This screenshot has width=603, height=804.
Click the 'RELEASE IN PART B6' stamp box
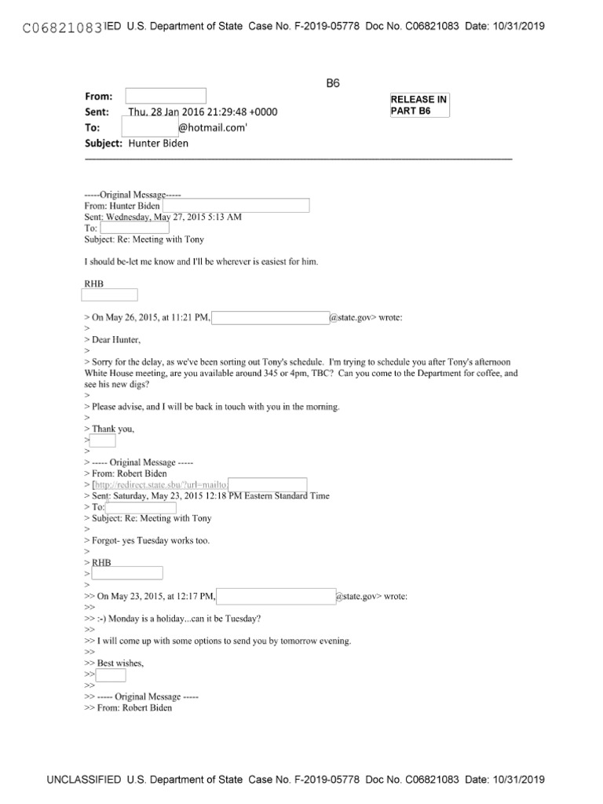pos(420,105)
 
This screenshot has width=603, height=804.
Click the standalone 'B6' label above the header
pos(331,83)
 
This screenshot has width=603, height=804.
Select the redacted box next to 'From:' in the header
pos(165,96)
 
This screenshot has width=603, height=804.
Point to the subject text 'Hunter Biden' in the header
pos(158,143)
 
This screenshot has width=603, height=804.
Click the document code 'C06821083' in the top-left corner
pos(63,27)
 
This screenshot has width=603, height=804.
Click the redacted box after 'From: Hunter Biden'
pos(236,206)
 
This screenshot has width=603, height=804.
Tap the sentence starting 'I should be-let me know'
pos(200,261)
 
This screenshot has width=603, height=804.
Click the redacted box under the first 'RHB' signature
pos(109,294)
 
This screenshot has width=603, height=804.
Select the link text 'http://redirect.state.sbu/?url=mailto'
pos(160,485)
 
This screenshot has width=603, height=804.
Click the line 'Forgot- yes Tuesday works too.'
pos(148,540)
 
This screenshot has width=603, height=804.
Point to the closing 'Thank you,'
pos(113,429)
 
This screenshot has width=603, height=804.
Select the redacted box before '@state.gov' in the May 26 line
pos(270,317)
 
